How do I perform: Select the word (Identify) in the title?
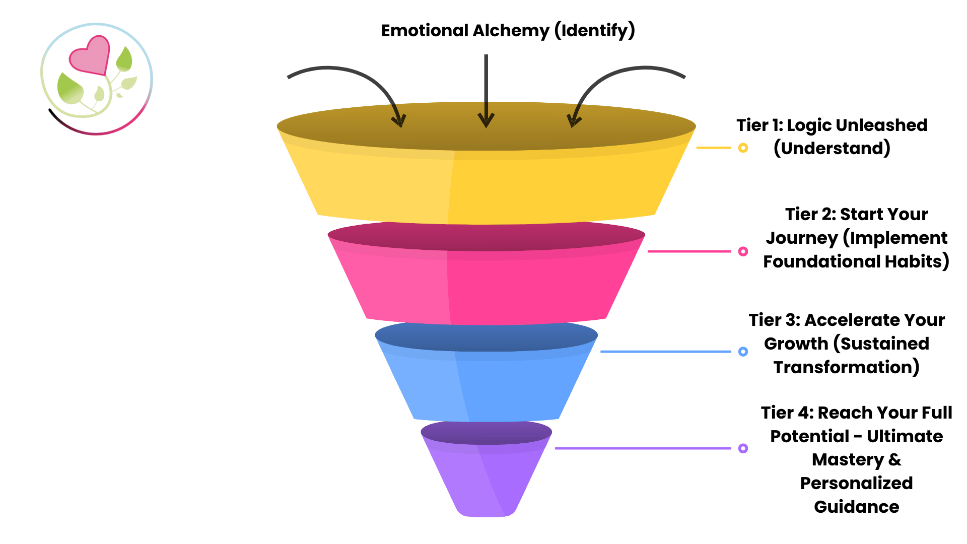click(595, 31)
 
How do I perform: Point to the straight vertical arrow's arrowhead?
click(486, 121)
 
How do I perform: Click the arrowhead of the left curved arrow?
click(400, 121)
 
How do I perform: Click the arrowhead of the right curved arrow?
click(573, 121)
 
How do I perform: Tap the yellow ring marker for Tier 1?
click(743, 148)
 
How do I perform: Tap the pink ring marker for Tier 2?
click(743, 251)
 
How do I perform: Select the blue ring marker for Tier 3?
click(743, 352)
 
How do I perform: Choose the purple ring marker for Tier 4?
click(743, 448)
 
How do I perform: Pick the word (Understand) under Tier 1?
click(832, 149)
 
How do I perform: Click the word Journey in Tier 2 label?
click(802, 238)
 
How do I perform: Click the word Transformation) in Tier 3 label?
click(847, 367)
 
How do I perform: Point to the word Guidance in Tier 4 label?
click(856, 507)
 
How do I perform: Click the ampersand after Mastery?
click(895, 460)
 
